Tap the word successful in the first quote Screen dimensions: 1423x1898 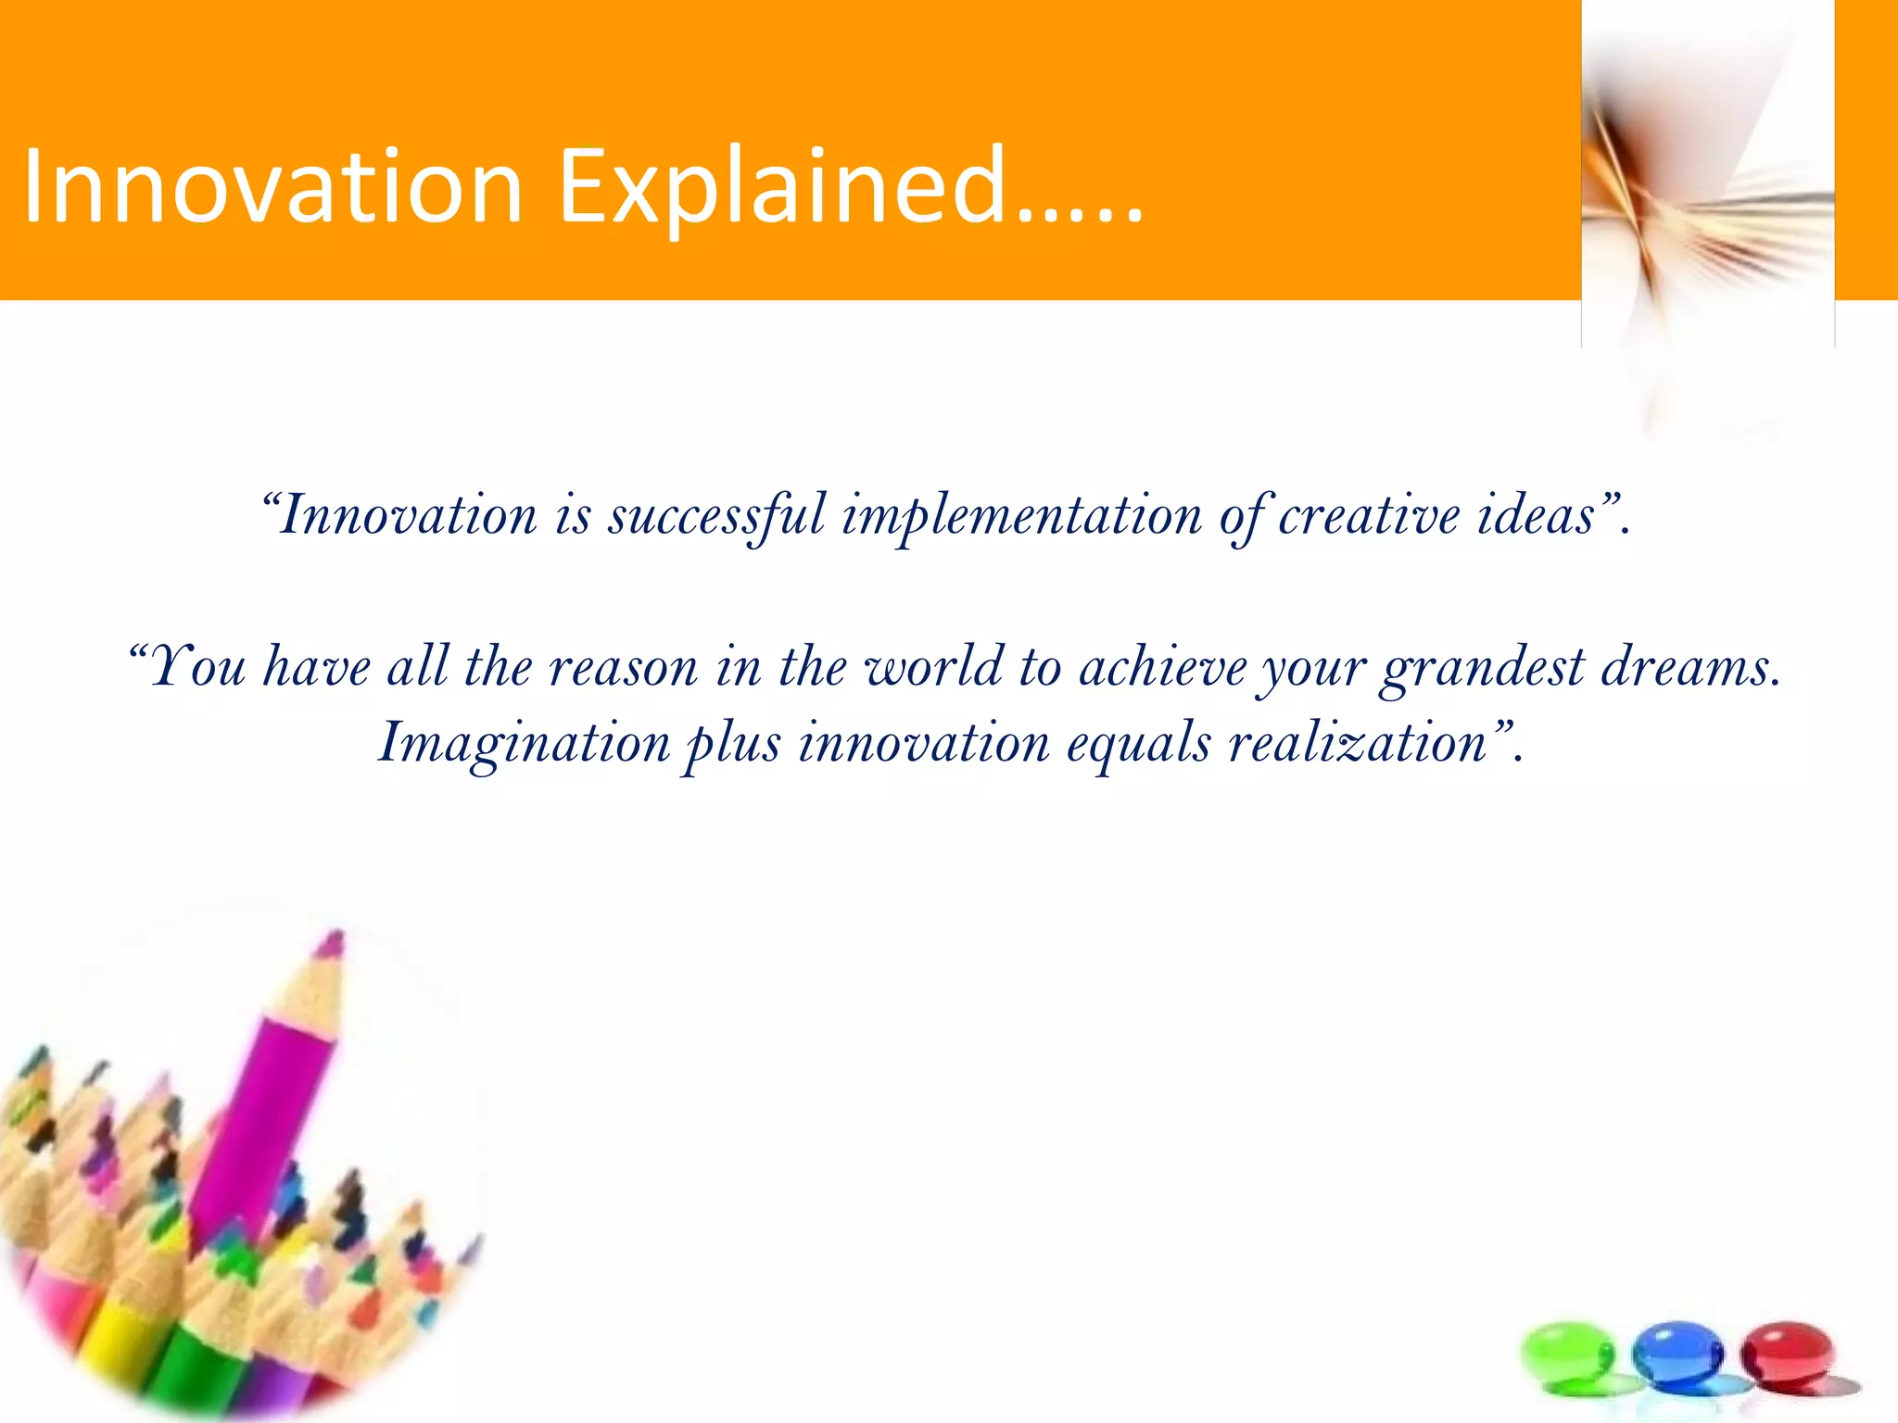[715, 515]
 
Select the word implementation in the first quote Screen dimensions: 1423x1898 [1021, 515]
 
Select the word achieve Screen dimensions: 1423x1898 [1164, 667]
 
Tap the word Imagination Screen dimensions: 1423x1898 [525, 744]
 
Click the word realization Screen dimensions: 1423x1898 [1358, 744]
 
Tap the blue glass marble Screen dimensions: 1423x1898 [1677, 1354]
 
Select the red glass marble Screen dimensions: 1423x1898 [1787, 1354]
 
